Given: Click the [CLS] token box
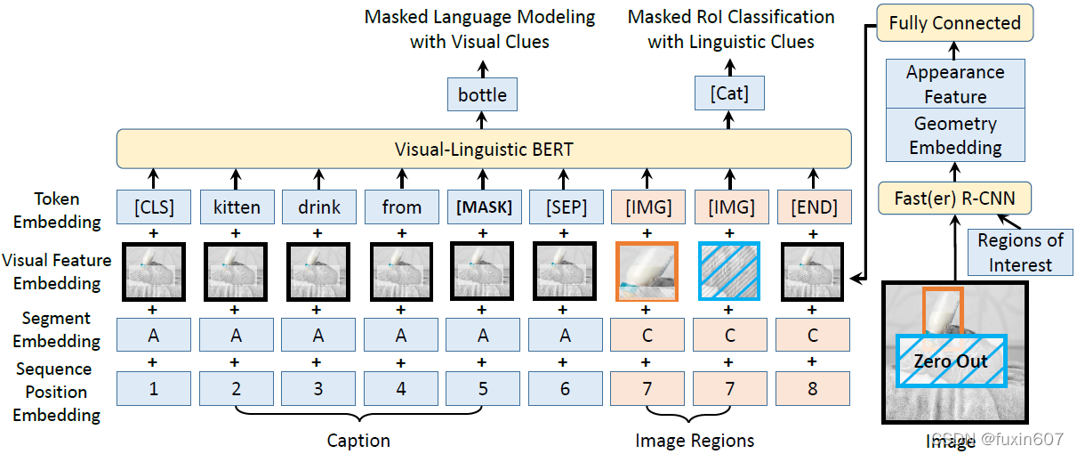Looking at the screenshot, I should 153,207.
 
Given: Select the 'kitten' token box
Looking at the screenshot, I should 236,207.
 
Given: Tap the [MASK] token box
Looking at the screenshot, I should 484,207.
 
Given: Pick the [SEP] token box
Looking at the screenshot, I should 567,207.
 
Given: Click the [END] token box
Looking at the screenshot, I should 813,207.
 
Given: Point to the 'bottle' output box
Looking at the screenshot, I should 482,94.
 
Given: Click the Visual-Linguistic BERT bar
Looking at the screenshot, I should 484,150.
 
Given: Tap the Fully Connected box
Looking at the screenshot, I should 954,23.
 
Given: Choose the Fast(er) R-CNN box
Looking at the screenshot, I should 954,199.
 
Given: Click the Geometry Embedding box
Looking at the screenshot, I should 955,135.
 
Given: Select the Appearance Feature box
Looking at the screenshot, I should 955,84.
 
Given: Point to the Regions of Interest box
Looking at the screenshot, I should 1020,252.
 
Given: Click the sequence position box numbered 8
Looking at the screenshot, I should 813,388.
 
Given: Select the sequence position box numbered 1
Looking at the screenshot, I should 153,388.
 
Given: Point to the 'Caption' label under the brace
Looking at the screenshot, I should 358,440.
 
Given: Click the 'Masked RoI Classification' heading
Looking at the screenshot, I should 731,17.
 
